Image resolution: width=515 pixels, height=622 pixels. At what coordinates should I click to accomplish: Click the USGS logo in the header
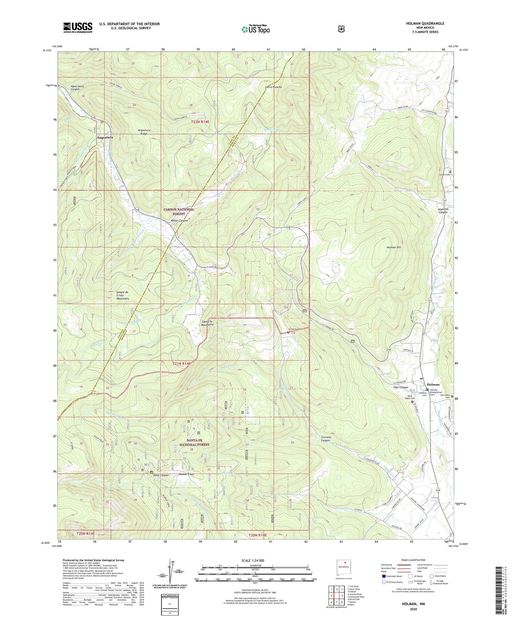pyautogui.click(x=78, y=27)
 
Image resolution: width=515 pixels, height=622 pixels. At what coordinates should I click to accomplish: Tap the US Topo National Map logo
pyautogui.click(x=256, y=29)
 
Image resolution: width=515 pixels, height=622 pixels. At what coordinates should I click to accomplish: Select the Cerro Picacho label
pyautogui.click(x=273, y=87)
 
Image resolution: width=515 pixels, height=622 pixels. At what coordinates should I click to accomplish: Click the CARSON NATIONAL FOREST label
pyautogui.click(x=179, y=212)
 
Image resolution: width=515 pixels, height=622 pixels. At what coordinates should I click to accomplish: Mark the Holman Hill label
pyautogui.click(x=394, y=247)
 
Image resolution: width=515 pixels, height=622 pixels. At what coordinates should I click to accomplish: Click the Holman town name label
pyautogui.click(x=433, y=384)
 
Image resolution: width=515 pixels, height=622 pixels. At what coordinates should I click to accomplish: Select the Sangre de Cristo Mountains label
pyautogui.click(x=117, y=295)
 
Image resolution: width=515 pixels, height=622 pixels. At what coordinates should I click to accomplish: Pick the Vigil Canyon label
pyautogui.click(x=401, y=387)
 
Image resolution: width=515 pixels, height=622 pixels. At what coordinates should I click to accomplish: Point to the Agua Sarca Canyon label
pyautogui.click(x=75, y=88)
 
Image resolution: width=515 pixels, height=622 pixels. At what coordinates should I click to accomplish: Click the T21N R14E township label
pyautogui.click(x=182, y=364)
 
